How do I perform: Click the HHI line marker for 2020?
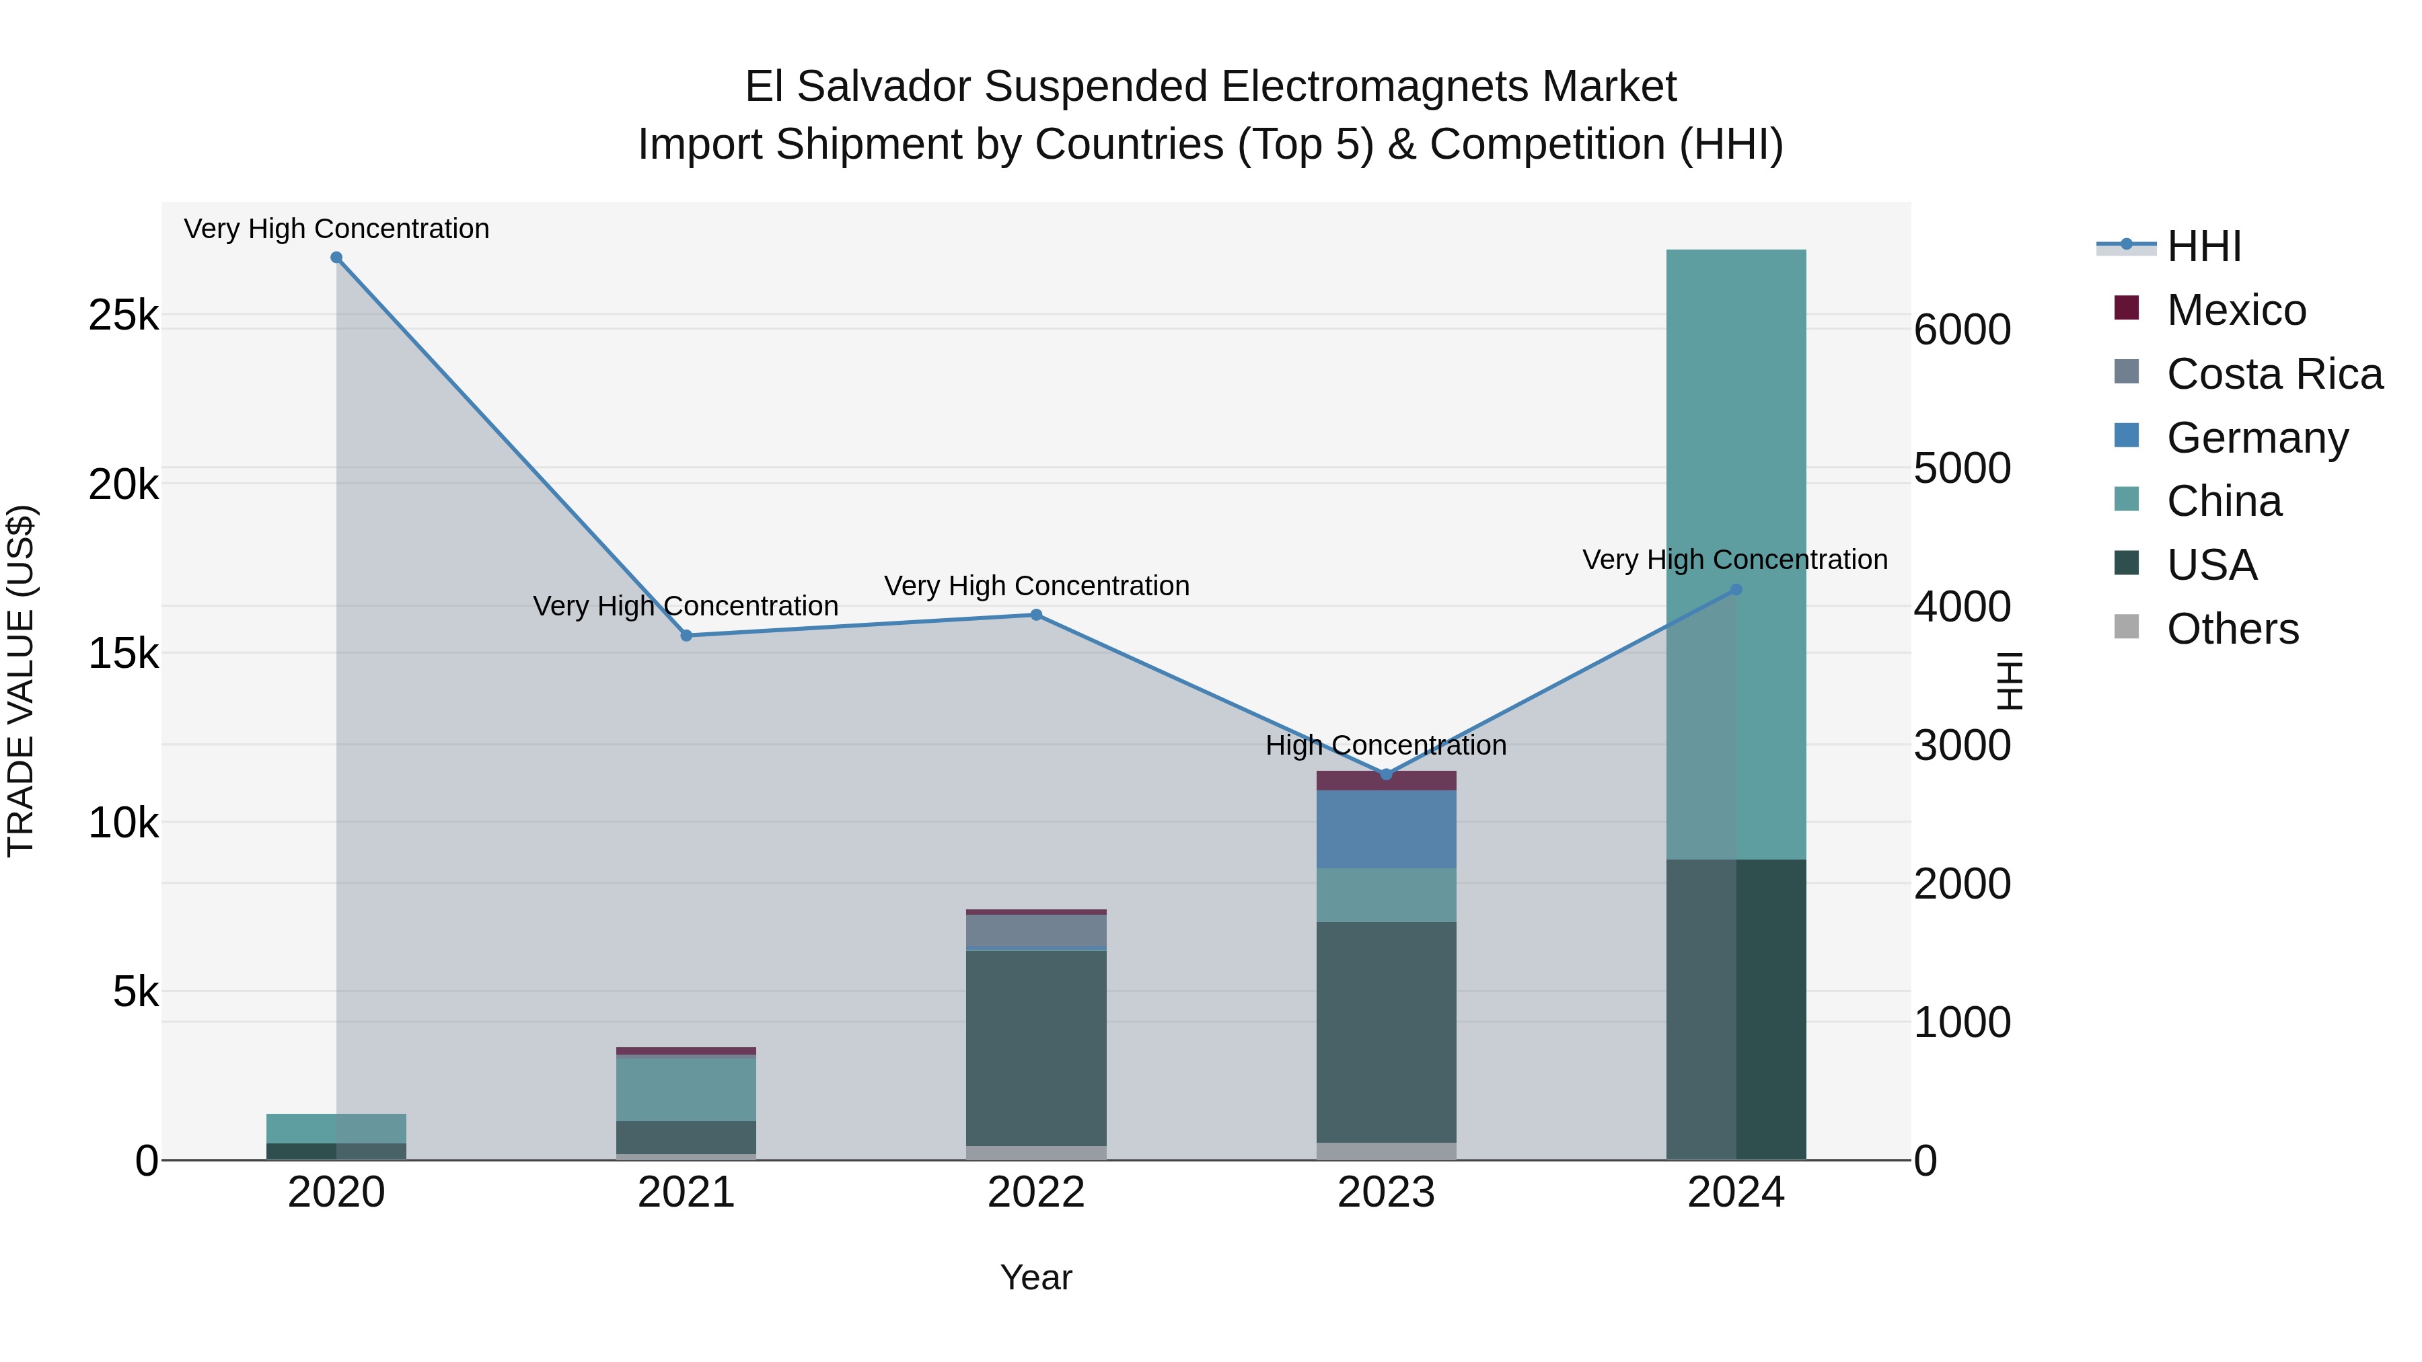pos(336,258)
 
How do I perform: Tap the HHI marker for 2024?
pos(1736,591)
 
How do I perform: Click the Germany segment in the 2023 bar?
pos(1386,829)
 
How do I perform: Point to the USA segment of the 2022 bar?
pos(1036,1048)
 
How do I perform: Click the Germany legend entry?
pos(2256,438)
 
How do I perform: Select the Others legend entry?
pos(2232,629)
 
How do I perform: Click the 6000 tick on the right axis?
pos(1962,330)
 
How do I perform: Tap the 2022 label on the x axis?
pos(1036,1193)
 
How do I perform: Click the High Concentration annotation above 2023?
pos(1386,745)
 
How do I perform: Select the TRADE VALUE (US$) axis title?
pos(21,681)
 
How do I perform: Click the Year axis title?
pos(1036,1277)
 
